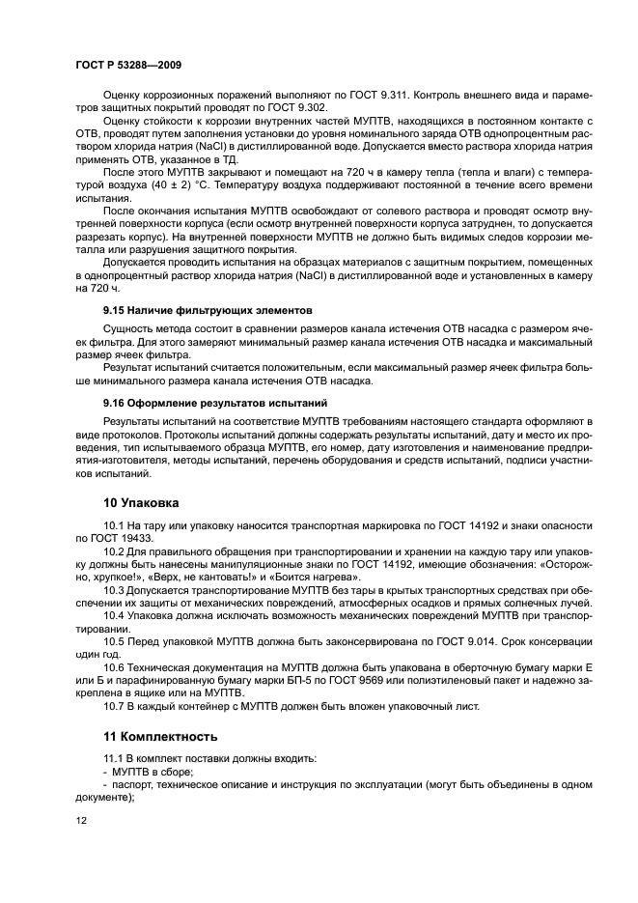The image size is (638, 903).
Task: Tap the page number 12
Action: coord(81,820)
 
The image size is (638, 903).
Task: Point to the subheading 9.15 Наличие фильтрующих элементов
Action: coord(208,311)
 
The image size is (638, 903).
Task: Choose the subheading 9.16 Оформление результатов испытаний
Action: coord(215,402)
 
